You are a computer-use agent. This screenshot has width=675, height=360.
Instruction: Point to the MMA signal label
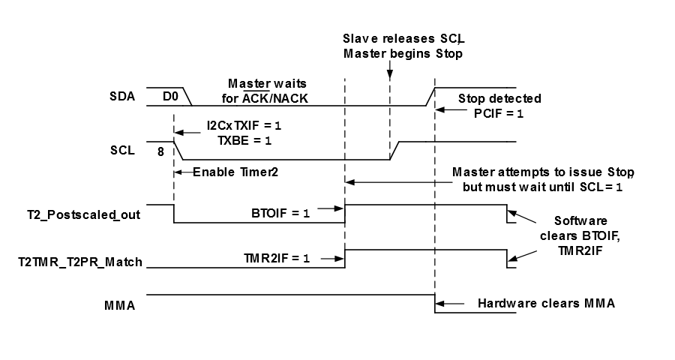117,305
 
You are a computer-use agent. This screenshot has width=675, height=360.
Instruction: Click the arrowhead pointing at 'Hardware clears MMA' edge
440,304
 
